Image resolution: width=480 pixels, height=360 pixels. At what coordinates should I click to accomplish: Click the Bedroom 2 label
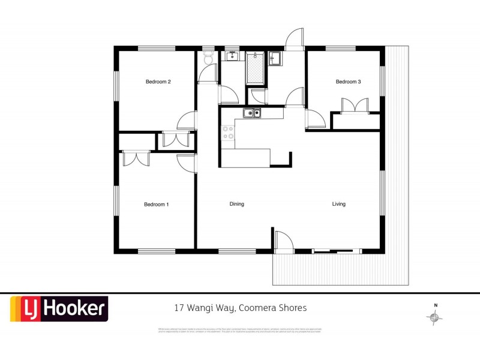[x=158, y=82]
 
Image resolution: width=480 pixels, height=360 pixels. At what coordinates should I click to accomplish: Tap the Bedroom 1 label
[x=156, y=205]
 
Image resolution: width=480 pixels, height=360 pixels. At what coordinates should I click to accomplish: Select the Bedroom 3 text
[x=348, y=82]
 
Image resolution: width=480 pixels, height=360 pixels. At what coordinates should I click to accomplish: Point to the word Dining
[x=236, y=205]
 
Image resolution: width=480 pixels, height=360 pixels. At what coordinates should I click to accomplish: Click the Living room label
[x=339, y=205]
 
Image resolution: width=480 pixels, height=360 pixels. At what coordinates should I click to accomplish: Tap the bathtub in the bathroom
[x=255, y=69]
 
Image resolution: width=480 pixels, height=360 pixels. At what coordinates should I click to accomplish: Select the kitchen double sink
[x=252, y=113]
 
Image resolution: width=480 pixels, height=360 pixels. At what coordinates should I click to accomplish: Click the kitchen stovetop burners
[x=228, y=132]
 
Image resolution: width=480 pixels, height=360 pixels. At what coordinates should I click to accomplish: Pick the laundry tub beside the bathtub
[x=276, y=59]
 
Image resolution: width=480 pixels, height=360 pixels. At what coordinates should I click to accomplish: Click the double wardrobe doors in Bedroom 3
[x=354, y=105]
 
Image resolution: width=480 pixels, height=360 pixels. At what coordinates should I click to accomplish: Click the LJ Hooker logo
[x=59, y=309]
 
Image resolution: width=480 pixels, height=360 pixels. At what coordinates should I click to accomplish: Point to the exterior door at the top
[x=295, y=39]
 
